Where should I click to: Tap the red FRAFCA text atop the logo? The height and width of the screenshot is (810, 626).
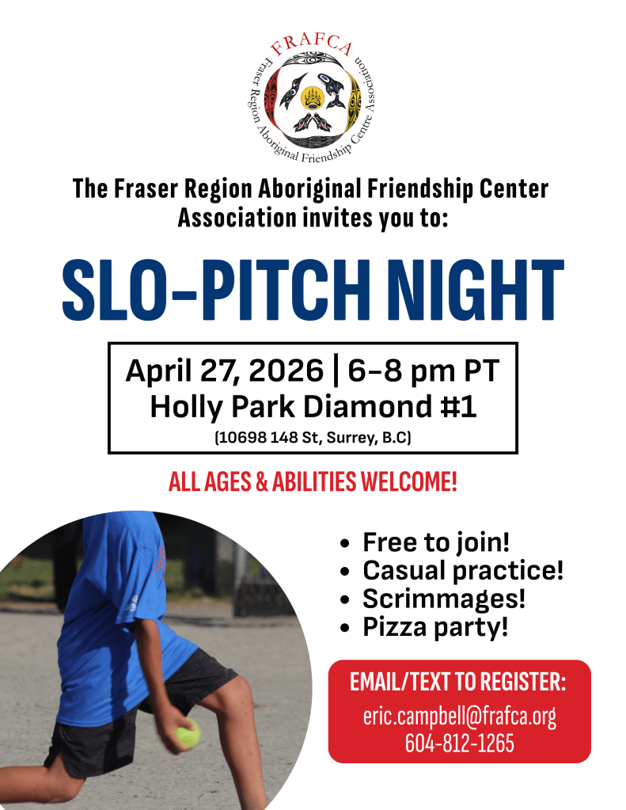point(312,46)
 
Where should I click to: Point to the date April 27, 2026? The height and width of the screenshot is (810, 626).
point(224,371)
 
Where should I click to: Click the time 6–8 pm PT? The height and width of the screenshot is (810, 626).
point(423,371)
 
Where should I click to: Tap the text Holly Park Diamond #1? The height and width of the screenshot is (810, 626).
point(313,406)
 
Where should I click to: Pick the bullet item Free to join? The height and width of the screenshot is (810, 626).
point(436,542)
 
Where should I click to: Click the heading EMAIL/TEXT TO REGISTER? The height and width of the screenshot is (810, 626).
point(458,682)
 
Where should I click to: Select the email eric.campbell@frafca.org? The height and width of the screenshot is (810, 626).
point(459,717)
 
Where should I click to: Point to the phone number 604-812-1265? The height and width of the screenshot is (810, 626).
point(459,743)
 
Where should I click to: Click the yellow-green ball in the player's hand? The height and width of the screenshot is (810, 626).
point(188,733)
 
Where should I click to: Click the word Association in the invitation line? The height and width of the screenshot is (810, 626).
point(237,218)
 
